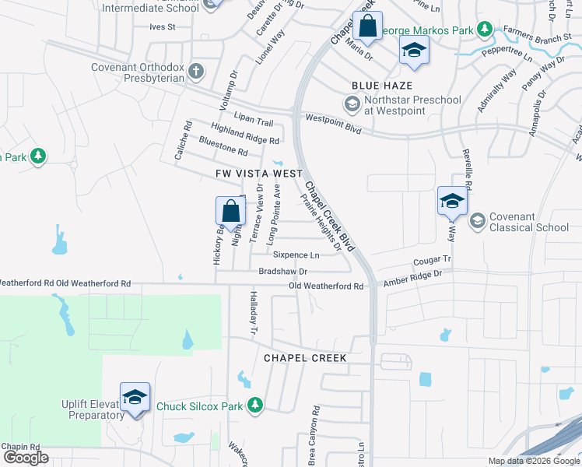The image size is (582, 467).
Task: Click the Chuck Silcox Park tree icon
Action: pos(254,405)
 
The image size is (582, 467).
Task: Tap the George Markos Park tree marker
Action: pos(485,30)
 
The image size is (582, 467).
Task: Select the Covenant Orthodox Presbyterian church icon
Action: pos(196,72)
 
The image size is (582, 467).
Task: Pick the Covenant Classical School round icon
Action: pos(478,222)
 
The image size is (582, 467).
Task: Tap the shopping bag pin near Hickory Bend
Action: pos(230,211)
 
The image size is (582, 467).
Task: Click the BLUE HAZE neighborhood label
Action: pos(381,85)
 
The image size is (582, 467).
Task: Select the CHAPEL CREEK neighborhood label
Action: pos(304,357)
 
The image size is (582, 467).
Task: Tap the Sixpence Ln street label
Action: pos(296,255)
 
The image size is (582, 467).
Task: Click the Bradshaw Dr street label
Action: pos(283,272)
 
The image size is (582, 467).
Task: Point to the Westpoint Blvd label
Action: pos(334,123)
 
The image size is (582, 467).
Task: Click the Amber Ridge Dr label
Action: pos(412,279)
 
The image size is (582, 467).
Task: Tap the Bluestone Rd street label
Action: pos(223,146)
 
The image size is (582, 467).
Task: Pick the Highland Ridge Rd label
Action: pos(244,133)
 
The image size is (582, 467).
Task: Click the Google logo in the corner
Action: pos(26,458)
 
